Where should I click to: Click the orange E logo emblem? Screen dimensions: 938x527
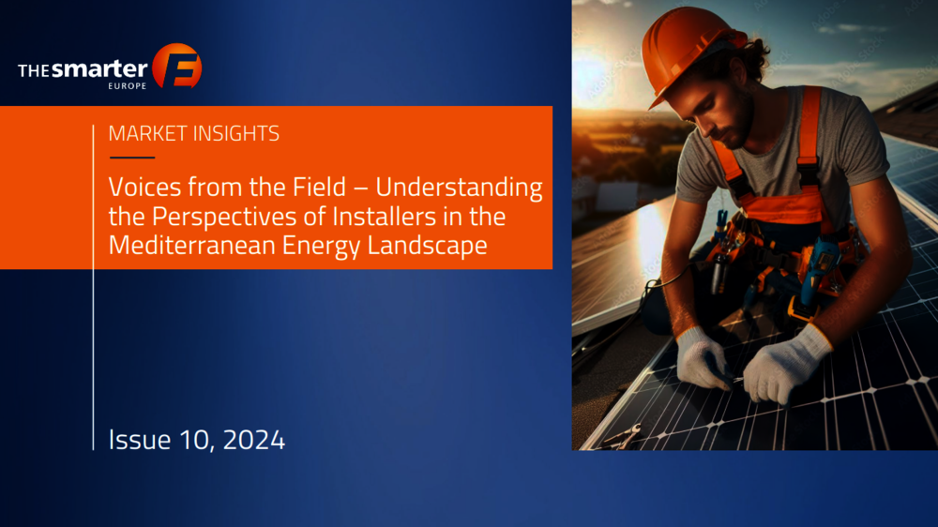pos(177,66)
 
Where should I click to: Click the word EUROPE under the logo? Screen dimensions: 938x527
pos(128,86)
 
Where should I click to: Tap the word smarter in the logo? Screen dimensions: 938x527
pos(99,69)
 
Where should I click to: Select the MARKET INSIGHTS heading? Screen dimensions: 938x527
pos(194,133)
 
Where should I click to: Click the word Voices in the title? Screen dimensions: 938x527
pos(144,188)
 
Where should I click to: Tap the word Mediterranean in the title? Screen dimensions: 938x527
pos(192,246)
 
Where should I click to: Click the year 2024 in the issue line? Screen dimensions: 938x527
pos(253,441)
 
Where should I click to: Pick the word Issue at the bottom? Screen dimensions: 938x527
pos(140,441)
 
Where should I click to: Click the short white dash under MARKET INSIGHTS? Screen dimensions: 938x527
pos(132,158)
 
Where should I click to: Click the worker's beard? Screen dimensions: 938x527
pos(739,123)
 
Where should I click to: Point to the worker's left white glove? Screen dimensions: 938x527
pos(785,364)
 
